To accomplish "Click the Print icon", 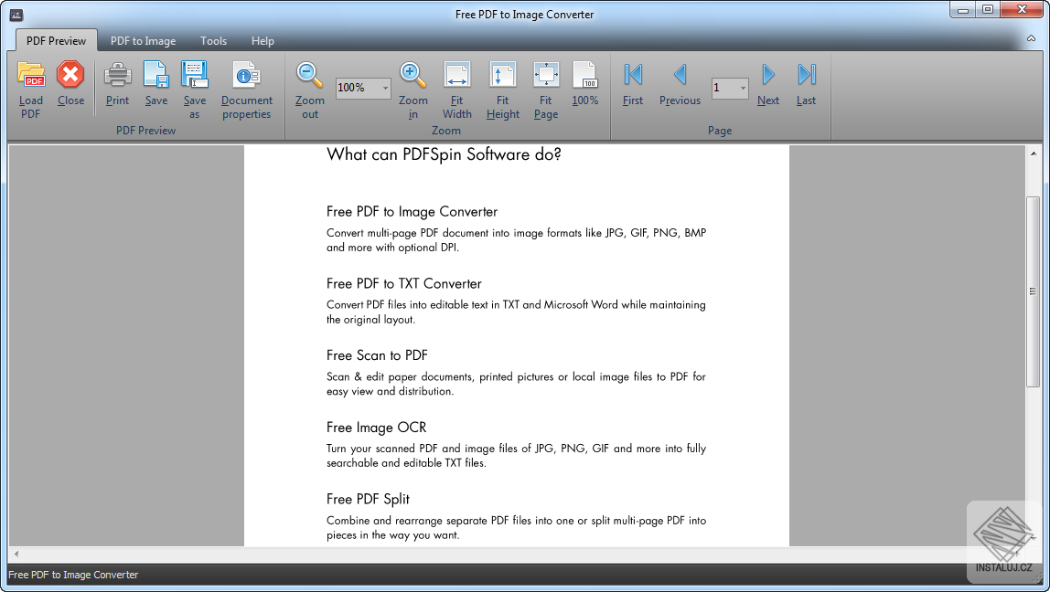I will (117, 76).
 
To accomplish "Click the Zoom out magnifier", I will (310, 76).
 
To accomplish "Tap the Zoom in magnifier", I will (412, 76).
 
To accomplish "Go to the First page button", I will (633, 76).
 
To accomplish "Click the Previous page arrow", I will (680, 76).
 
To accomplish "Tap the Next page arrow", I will (768, 76).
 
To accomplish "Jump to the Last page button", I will (806, 76).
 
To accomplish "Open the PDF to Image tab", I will (143, 41).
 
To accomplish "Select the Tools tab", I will (213, 41).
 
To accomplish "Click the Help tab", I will (262, 41).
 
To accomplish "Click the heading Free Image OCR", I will (376, 428).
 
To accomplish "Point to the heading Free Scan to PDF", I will (377, 355).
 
